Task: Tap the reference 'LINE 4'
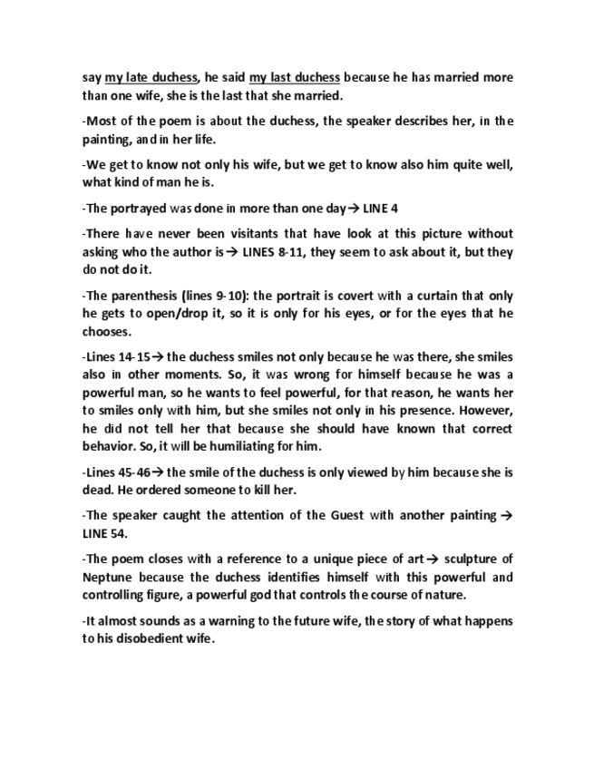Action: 352,208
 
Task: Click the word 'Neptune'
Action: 107,577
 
